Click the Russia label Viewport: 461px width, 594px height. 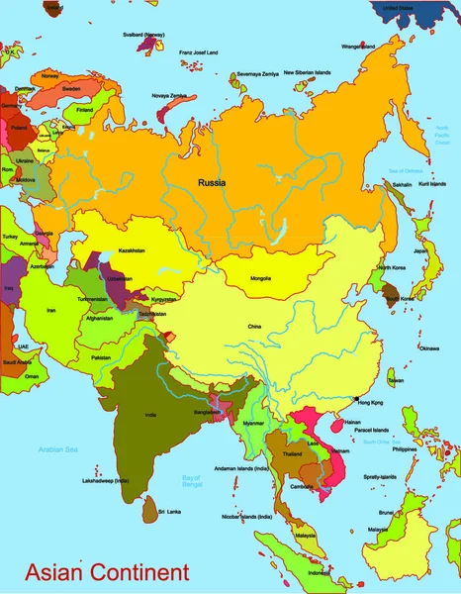(x=212, y=183)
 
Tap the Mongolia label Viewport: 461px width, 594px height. (x=261, y=278)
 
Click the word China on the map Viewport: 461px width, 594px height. (x=255, y=326)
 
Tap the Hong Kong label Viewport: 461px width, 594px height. (x=369, y=403)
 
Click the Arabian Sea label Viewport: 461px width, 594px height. (x=57, y=449)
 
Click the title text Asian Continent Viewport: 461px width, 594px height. (x=107, y=572)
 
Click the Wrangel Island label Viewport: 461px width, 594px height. (x=358, y=47)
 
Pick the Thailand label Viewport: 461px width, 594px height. (x=292, y=453)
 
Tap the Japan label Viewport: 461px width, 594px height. (x=420, y=250)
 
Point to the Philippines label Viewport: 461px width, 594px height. (x=404, y=448)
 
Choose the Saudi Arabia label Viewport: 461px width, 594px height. (x=17, y=361)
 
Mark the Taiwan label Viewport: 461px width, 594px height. (x=395, y=380)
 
